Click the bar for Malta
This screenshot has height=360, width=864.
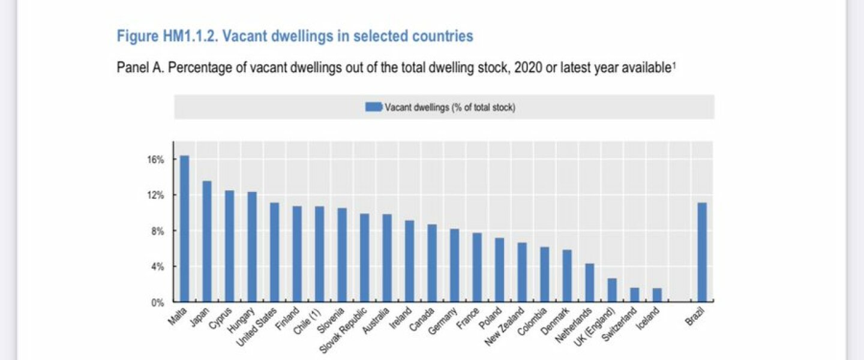184,229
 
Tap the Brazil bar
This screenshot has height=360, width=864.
702,252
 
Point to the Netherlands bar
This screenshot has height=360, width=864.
590,283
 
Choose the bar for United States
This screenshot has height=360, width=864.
274,252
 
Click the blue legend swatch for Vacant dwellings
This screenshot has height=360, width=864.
374,107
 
